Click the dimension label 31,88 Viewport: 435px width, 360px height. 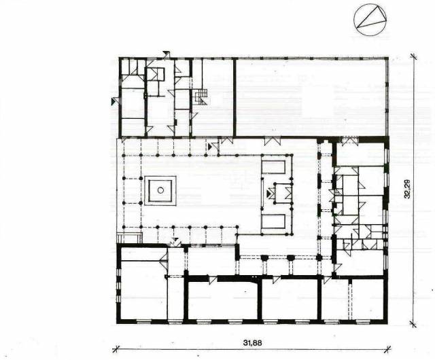(x=252, y=343)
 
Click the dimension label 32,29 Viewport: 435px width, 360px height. (x=407, y=189)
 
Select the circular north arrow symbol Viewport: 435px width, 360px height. (x=370, y=20)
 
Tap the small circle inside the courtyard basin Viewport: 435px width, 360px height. (x=160, y=190)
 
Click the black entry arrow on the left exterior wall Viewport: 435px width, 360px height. (x=114, y=101)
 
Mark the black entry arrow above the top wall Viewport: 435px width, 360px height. (x=167, y=53)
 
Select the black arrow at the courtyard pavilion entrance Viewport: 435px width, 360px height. (x=268, y=194)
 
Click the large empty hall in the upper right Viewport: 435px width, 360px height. (x=311, y=98)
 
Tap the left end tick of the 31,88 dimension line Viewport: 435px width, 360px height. (x=116, y=349)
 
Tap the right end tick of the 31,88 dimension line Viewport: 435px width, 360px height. (x=387, y=349)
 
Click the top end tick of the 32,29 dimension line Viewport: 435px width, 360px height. (x=413, y=56)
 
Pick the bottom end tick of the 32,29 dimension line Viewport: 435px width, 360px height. (x=413, y=324)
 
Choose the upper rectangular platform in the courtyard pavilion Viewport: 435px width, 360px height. (x=273, y=167)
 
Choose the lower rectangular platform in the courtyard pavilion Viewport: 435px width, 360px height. (x=273, y=221)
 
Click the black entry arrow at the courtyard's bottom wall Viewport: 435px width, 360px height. (x=175, y=239)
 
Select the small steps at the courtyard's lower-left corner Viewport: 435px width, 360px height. (x=130, y=238)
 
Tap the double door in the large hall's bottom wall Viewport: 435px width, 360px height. (x=273, y=141)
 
